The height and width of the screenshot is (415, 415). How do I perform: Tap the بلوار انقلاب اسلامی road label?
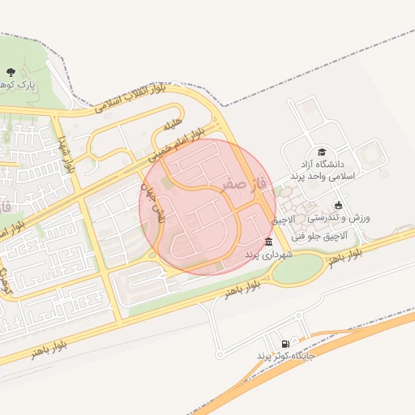click(129, 97)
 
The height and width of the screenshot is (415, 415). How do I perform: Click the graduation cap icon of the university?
click(323, 152)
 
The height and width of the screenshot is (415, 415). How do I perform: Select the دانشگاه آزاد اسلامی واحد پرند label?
click(328, 169)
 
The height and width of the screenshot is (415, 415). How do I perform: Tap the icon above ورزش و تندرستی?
click(338, 204)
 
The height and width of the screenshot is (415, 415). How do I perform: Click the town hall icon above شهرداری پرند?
click(269, 242)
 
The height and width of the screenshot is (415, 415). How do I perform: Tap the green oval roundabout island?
click(297, 268)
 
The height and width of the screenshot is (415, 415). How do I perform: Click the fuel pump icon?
click(285, 343)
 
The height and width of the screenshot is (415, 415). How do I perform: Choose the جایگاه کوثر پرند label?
click(285, 357)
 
